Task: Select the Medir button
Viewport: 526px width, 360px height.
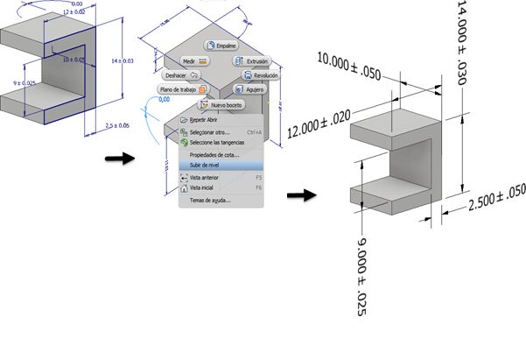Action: pyautogui.click(x=193, y=62)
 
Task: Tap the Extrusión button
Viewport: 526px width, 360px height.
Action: pyautogui.click(x=251, y=61)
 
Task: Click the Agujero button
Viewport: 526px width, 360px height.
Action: pyautogui.click(x=250, y=89)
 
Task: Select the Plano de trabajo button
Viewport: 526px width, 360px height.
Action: pyautogui.click(x=182, y=89)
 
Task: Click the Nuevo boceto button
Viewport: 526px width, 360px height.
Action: pyautogui.click(x=220, y=104)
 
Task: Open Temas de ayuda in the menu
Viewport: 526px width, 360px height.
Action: pyautogui.click(x=205, y=199)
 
